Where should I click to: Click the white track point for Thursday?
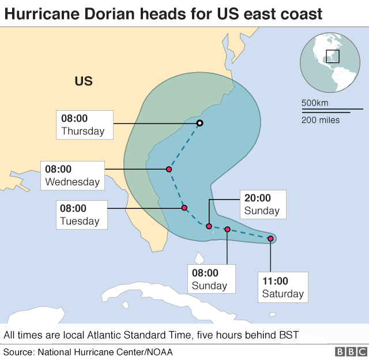pyautogui.click(x=199, y=123)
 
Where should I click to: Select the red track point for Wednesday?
pyautogui.click(x=169, y=170)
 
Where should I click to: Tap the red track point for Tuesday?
pyautogui.click(x=184, y=208)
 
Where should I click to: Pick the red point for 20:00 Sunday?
pyautogui.click(x=209, y=226)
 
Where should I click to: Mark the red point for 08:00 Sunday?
pyautogui.click(x=227, y=230)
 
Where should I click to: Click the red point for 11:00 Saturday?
pyautogui.click(x=270, y=238)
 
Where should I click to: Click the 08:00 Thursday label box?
pyautogui.click(x=83, y=125)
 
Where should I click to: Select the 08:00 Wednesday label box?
pyautogui.click(x=73, y=175)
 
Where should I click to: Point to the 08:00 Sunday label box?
pyautogui.click(x=209, y=279)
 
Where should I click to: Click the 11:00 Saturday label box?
pyautogui.click(x=283, y=287)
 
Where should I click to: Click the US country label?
pyautogui.click(x=84, y=81)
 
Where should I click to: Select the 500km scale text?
pyautogui.click(x=315, y=103)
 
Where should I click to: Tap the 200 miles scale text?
pyautogui.click(x=321, y=120)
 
